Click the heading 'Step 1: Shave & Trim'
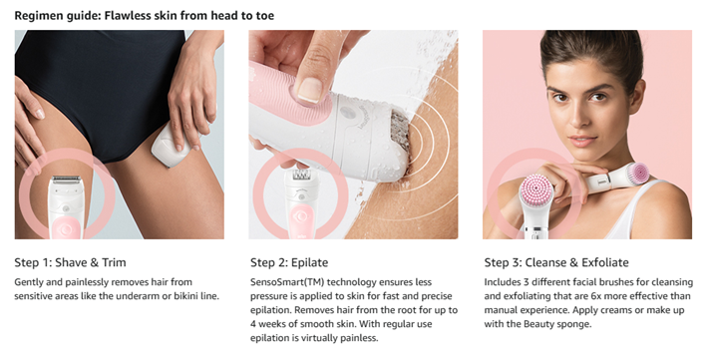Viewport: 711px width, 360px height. [x=70, y=262]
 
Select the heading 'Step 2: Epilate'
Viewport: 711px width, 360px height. [x=289, y=263]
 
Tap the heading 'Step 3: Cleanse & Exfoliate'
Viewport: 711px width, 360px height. [x=556, y=262]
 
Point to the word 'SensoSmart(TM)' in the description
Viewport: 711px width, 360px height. [x=287, y=282]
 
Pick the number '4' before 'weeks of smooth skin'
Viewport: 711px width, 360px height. [x=253, y=324]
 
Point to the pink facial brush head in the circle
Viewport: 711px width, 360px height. [x=535, y=189]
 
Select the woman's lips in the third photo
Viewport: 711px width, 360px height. [x=583, y=141]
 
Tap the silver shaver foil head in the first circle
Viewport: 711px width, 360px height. [x=66, y=180]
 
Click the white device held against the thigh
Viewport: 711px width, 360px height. [x=172, y=144]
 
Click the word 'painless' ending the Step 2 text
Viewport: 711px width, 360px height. [x=360, y=338]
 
